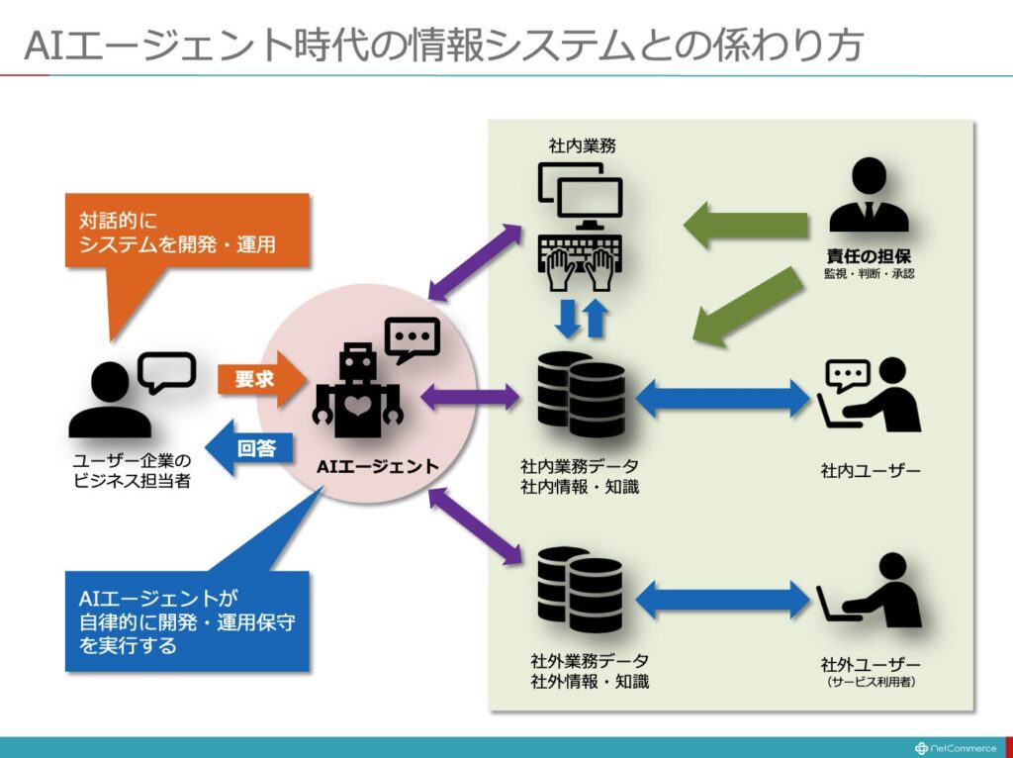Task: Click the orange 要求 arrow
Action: pos(260,379)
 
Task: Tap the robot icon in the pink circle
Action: pos(356,391)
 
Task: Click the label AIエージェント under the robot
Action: pos(378,466)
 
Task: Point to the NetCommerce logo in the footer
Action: pos(956,748)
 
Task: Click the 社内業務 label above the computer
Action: pos(582,145)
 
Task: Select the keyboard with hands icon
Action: pos(580,261)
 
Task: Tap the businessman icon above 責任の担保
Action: pos(869,195)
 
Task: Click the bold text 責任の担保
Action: pos(869,256)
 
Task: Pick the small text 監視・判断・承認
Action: pos(869,274)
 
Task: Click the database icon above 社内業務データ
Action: pos(581,394)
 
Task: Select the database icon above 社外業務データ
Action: pos(580,590)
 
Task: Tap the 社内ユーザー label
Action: pos(871,471)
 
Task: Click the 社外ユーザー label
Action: pos(871,664)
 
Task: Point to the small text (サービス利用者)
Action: pos(871,682)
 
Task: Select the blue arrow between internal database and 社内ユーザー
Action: pos(721,398)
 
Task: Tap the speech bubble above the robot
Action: pos(413,339)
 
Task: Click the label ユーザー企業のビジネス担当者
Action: pos(132,470)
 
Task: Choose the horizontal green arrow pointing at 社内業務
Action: pos(746,225)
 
